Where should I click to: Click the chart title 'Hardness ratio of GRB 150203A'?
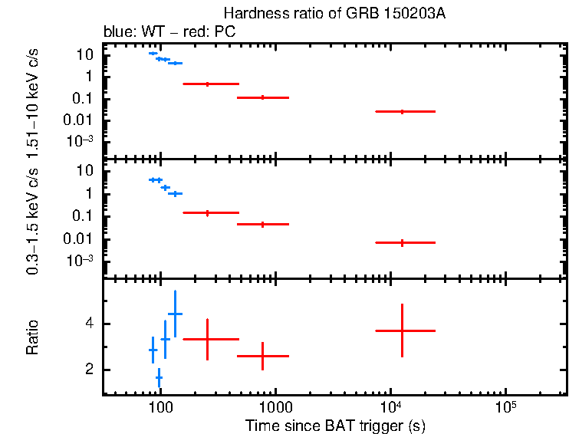click(334, 14)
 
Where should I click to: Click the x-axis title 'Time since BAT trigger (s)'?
click(334, 425)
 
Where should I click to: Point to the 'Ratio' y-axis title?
click(33, 337)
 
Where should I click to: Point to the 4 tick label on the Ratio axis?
click(89, 324)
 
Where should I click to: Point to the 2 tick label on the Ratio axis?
click(89, 370)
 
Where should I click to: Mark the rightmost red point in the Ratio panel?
click(402, 330)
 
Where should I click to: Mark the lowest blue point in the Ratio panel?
click(159, 378)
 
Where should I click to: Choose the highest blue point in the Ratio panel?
click(175, 314)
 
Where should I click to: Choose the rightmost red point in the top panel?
click(402, 111)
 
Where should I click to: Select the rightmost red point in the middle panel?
click(402, 242)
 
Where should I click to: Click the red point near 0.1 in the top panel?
click(263, 97)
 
